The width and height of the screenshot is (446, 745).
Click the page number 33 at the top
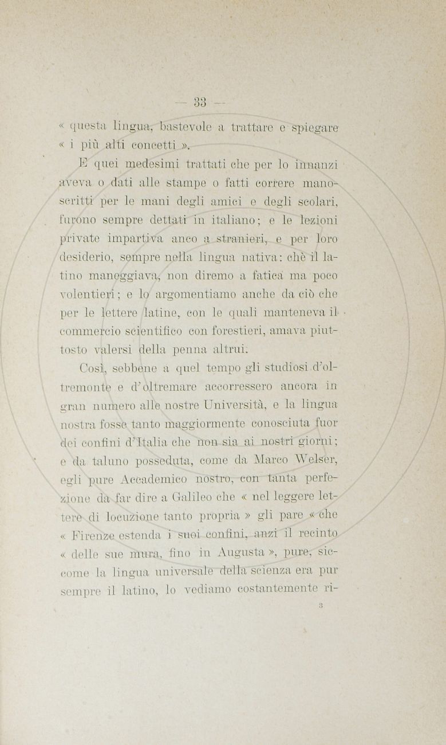pos(200,103)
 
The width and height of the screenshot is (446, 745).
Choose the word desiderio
pos(84,258)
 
